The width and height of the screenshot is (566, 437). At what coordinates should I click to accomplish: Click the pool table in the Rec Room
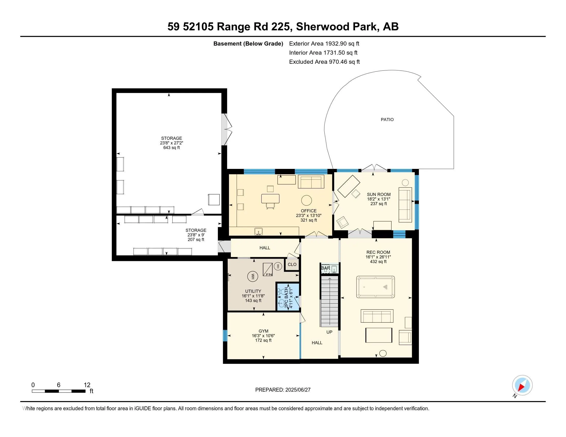375,287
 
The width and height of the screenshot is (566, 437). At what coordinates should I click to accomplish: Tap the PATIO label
387,120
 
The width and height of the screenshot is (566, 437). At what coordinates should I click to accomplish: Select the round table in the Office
306,200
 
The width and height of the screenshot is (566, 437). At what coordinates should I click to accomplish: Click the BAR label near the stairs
325,268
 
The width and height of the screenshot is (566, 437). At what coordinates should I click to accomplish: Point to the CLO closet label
292,264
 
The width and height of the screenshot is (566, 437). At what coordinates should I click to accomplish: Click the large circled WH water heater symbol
252,276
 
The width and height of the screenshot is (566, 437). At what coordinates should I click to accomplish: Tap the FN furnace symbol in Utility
268,269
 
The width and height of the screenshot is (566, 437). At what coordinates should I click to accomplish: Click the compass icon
522,385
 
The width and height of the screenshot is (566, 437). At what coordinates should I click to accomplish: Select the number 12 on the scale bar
87,385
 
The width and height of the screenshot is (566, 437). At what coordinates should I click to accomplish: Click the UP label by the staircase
329,332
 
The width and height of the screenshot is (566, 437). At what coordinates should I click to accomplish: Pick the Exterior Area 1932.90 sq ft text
324,43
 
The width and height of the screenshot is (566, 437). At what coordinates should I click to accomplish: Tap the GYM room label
263,331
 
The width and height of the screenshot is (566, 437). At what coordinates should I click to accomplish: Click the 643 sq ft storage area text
171,148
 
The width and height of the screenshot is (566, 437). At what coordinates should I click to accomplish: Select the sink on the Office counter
258,231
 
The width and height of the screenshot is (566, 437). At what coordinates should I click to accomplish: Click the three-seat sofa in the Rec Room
377,316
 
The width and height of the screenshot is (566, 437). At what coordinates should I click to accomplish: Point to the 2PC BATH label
286,297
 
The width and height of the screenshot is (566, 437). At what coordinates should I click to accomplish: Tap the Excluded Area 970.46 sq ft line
324,62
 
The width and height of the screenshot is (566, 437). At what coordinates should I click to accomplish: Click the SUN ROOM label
378,194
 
